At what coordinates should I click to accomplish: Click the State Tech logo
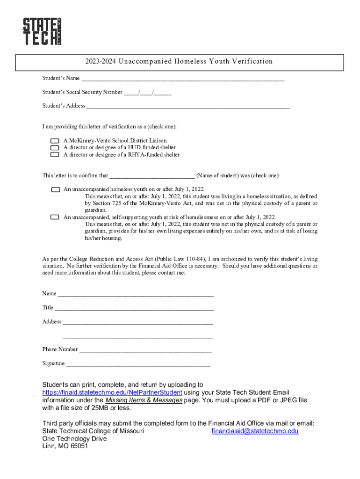[x=42, y=31]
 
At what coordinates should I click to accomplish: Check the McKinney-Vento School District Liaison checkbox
[x=55, y=141]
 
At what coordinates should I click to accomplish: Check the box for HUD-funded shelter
[x=55, y=147]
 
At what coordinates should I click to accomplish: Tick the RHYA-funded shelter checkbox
[x=55, y=154]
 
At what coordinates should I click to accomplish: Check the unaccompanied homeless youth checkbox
[x=55, y=189]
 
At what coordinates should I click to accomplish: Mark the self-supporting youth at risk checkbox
[x=55, y=217]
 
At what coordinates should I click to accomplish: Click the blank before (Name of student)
[x=152, y=176]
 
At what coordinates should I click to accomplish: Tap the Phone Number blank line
[x=145, y=350]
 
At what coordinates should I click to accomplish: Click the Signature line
[x=138, y=364]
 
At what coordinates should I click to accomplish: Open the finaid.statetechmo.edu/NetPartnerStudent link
[x=112, y=392]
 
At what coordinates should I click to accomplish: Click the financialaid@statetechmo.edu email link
[x=255, y=431]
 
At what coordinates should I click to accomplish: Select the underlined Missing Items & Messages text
[x=144, y=400]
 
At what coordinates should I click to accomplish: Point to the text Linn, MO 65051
[x=65, y=446]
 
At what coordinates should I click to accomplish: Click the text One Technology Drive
[x=74, y=439]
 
